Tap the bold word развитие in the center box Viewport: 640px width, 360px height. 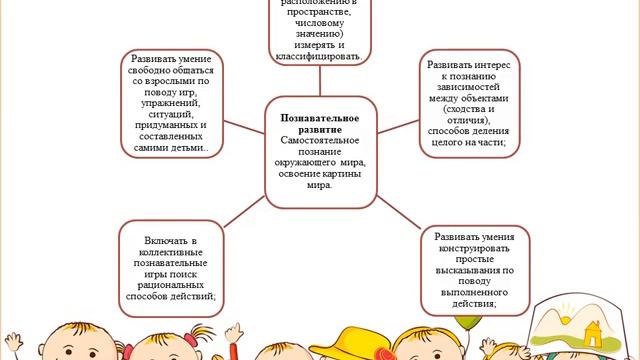[x=320, y=130]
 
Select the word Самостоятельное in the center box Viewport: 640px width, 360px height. [x=320, y=143]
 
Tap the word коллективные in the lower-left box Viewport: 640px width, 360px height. [x=167, y=256]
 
